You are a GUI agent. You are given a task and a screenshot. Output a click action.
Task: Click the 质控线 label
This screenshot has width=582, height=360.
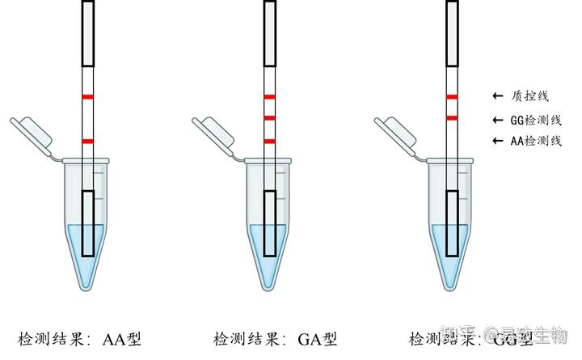530,96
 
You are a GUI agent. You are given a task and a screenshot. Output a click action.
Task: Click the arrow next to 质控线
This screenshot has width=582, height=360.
497,96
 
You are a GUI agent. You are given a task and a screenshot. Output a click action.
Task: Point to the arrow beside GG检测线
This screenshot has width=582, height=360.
497,120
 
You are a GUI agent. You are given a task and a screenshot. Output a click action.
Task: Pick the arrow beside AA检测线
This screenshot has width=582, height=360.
497,141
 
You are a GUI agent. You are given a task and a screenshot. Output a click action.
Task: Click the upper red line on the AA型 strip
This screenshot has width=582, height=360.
88,97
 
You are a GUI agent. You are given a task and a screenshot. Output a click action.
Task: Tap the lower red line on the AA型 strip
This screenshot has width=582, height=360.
88,142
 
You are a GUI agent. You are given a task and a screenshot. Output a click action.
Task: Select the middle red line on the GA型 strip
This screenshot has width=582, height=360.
270,118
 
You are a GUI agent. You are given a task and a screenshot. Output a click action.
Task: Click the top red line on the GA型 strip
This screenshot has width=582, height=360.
270,97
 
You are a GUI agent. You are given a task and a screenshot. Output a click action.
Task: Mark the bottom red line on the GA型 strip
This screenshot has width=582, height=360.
270,142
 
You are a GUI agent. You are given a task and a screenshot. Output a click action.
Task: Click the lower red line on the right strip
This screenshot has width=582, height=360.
453,118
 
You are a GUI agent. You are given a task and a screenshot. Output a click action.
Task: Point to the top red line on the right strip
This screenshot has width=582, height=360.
453,97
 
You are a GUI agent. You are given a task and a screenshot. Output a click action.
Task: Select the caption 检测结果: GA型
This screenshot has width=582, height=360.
275,338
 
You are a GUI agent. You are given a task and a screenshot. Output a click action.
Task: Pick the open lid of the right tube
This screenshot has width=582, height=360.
395,132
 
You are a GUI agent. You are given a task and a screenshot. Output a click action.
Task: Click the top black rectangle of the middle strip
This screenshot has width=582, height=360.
270,32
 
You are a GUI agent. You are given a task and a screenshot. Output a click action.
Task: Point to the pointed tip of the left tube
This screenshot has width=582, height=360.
88,284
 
